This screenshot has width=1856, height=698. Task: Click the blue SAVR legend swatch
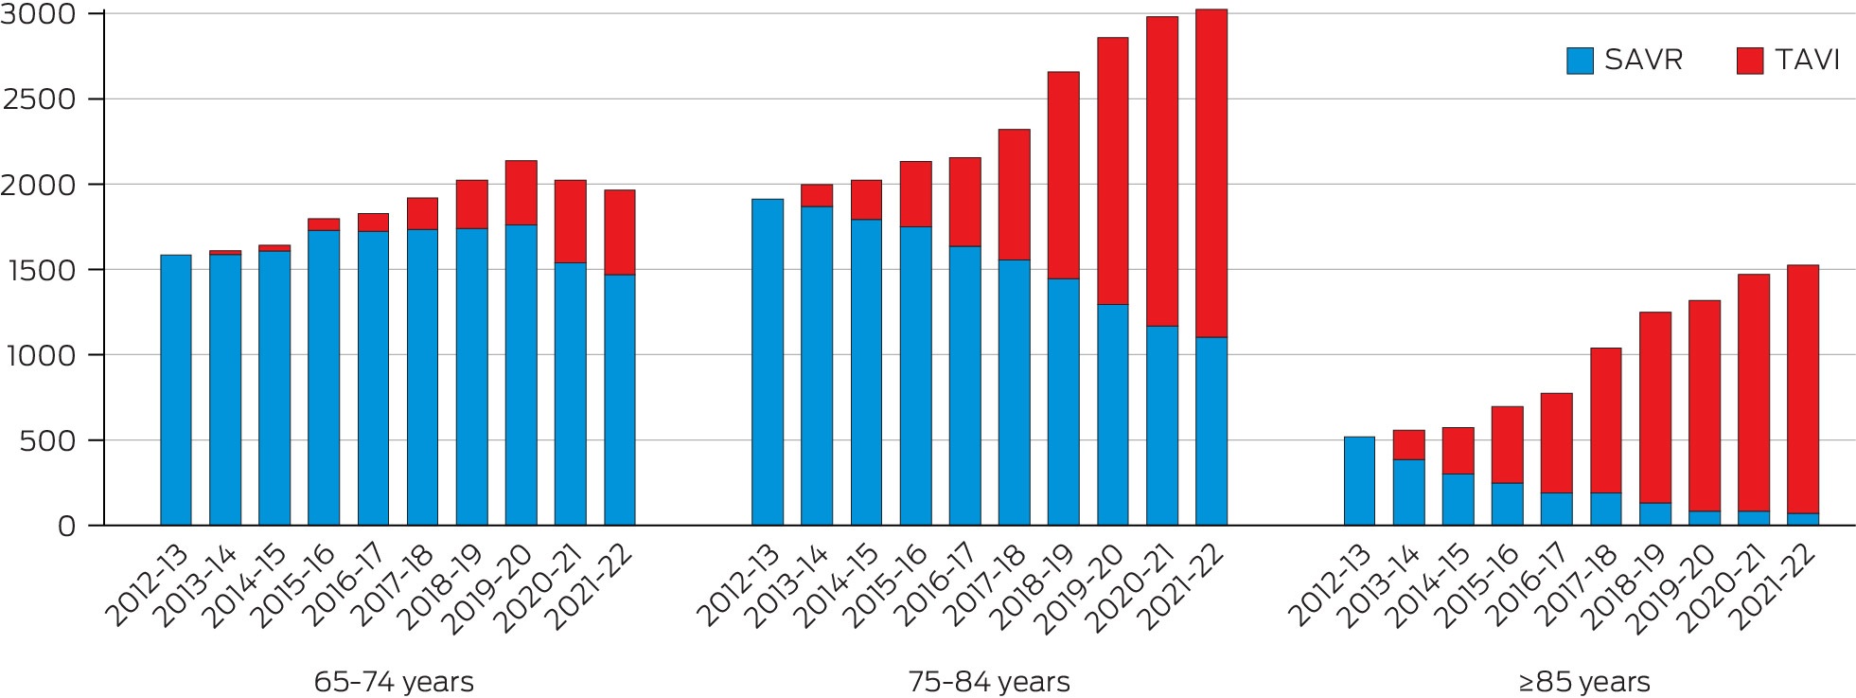(1580, 61)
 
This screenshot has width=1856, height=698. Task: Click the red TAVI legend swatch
(1750, 61)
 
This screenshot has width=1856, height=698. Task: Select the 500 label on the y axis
(48, 440)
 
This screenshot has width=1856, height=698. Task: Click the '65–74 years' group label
(394, 682)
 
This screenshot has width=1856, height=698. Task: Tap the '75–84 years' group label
(989, 682)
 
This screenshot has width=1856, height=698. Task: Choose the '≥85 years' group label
(1582, 682)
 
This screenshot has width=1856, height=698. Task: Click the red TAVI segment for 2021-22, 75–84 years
(1211, 173)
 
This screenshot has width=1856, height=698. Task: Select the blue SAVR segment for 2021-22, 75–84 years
(1211, 431)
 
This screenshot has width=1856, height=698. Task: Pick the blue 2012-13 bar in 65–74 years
(176, 390)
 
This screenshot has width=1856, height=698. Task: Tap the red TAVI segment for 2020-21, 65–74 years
(571, 222)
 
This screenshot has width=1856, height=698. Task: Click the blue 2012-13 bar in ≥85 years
(1360, 481)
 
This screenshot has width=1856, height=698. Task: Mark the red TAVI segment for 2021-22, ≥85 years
(1803, 389)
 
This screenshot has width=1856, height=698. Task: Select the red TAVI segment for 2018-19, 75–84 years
(1064, 175)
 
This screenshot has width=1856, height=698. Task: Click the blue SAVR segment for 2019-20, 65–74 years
(521, 375)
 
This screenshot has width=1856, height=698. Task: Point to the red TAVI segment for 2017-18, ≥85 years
(1606, 421)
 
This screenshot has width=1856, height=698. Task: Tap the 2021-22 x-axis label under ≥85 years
(1776, 586)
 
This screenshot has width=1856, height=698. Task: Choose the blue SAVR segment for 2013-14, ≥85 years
(1409, 492)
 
